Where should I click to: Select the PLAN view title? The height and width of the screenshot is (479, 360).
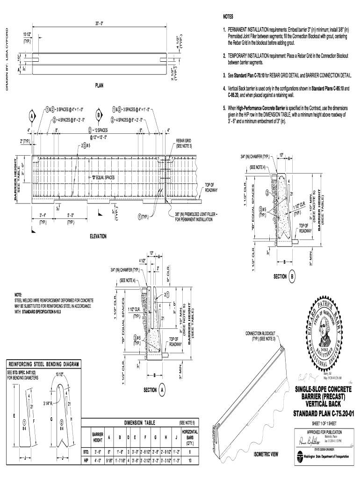pyautogui.click(x=99, y=86)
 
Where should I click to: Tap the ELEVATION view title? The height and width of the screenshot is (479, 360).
pyautogui.click(x=98, y=237)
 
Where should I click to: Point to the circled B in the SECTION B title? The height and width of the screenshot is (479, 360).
pyautogui.click(x=293, y=276)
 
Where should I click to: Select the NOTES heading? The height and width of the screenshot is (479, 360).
pyautogui.click(x=228, y=16)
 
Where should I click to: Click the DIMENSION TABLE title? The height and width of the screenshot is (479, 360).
pyautogui.click(x=143, y=422)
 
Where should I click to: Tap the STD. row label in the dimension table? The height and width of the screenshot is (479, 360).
pyautogui.click(x=86, y=453)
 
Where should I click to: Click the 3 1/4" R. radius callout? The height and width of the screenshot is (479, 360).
pyautogui.click(x=49, y=403)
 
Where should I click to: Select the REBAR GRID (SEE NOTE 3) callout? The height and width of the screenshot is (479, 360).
pyautogui.click(x=183, y=143)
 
